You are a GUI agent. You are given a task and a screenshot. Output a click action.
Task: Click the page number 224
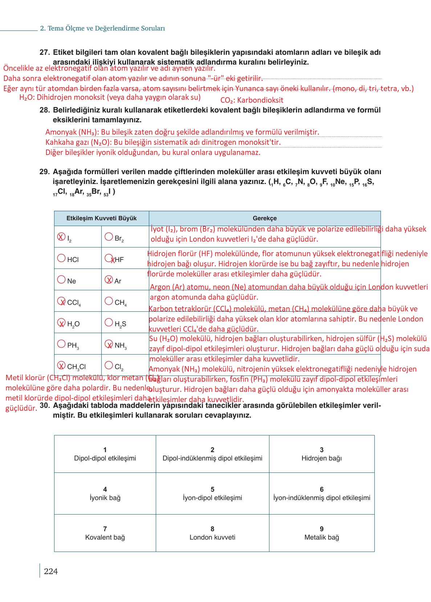click(50, 571)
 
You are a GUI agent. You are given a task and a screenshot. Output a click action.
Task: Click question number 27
click(44, 52)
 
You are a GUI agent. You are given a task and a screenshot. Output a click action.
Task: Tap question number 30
click(44, 405)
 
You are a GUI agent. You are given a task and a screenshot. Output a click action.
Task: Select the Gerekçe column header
click(264, 218)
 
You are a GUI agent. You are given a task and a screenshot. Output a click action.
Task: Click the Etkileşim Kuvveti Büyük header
click(101, 218)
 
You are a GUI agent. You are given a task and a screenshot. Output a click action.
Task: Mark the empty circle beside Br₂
click(109, 237)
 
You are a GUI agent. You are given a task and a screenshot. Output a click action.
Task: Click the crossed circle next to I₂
click(61, 237)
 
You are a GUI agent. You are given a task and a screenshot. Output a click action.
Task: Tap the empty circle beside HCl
click(61, 258)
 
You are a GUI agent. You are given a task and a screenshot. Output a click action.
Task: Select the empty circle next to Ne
click(61, 279)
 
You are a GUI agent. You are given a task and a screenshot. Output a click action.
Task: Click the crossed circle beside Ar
click(109, 279)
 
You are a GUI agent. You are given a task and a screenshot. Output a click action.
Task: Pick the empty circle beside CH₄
click(109, 301)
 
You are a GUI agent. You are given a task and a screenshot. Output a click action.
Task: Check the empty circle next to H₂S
click(109, 322)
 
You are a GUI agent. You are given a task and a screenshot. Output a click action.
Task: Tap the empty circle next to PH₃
click(61, 344)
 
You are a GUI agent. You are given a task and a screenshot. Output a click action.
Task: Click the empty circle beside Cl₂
click(109, 365)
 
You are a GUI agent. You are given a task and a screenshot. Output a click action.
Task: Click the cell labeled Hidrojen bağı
click(321, 454)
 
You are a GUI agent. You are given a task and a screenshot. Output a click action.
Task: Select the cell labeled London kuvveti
click(212, 533)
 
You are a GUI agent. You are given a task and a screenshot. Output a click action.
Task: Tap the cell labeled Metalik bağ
click(321, 533)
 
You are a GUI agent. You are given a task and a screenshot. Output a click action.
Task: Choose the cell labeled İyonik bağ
click(105, 494)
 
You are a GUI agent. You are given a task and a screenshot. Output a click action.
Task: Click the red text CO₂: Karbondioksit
click(252, 100)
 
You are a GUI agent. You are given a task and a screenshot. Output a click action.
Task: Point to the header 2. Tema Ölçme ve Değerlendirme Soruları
click(102, 28)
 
